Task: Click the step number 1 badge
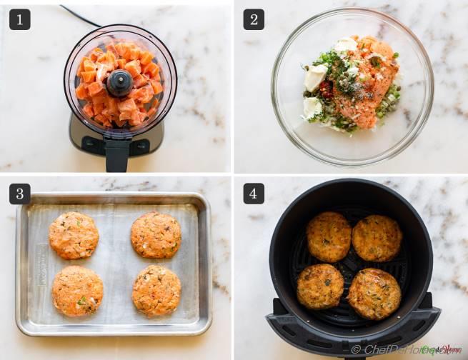20,19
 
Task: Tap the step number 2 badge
254,19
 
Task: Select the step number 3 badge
20,194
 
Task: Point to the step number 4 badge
254,194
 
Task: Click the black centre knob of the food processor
119,84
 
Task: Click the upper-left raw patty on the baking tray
74,235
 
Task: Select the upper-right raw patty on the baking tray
156,235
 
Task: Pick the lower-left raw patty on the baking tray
77,291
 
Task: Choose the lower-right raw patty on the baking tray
156,291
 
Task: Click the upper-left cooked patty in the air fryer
329,236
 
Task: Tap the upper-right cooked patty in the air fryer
377,238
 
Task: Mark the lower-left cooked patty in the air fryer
320,286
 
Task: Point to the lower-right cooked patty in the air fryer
374,294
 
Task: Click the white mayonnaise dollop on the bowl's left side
315,77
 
